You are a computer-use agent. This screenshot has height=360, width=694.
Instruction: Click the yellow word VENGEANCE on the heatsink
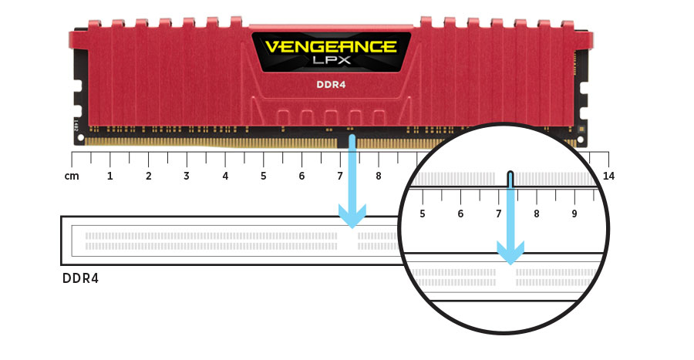tap(331, 46)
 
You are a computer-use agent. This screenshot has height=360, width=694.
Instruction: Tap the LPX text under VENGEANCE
tap(332, 60)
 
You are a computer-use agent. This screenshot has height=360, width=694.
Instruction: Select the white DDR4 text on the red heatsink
tap(331, 84)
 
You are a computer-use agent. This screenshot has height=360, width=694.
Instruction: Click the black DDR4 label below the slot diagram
tap(80, 278)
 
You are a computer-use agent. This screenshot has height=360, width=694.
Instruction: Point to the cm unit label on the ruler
tap(72, 176)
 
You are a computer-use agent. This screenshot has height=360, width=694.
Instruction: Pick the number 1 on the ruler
tap(109, 176)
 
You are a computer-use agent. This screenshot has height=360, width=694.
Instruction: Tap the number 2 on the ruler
tap(148, 176)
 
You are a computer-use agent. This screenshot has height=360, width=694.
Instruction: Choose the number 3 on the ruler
tap(187, 176)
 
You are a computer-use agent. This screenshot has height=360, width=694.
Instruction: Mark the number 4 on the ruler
tap(225, 176)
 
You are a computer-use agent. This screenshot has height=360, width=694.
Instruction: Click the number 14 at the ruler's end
tap(608, 176)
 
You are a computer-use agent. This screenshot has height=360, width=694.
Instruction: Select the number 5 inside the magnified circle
tap(423, 214)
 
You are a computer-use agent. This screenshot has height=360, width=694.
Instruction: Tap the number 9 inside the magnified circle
tap(574, 214)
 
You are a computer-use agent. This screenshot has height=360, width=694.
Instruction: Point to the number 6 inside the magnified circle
tap(460, 214)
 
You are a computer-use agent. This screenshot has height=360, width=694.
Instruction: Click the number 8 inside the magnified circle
tap(537, 214)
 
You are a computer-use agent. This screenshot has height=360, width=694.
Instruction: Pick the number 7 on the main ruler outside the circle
tap(340, 176)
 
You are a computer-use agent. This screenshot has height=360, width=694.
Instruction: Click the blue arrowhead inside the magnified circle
tap(510, 253)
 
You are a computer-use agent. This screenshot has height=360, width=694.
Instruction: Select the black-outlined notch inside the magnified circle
tap(510, 179)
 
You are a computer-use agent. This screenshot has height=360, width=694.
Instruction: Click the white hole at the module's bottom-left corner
tap(80, 137)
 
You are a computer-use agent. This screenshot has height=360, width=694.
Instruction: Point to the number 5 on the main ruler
tap(264, 176)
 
